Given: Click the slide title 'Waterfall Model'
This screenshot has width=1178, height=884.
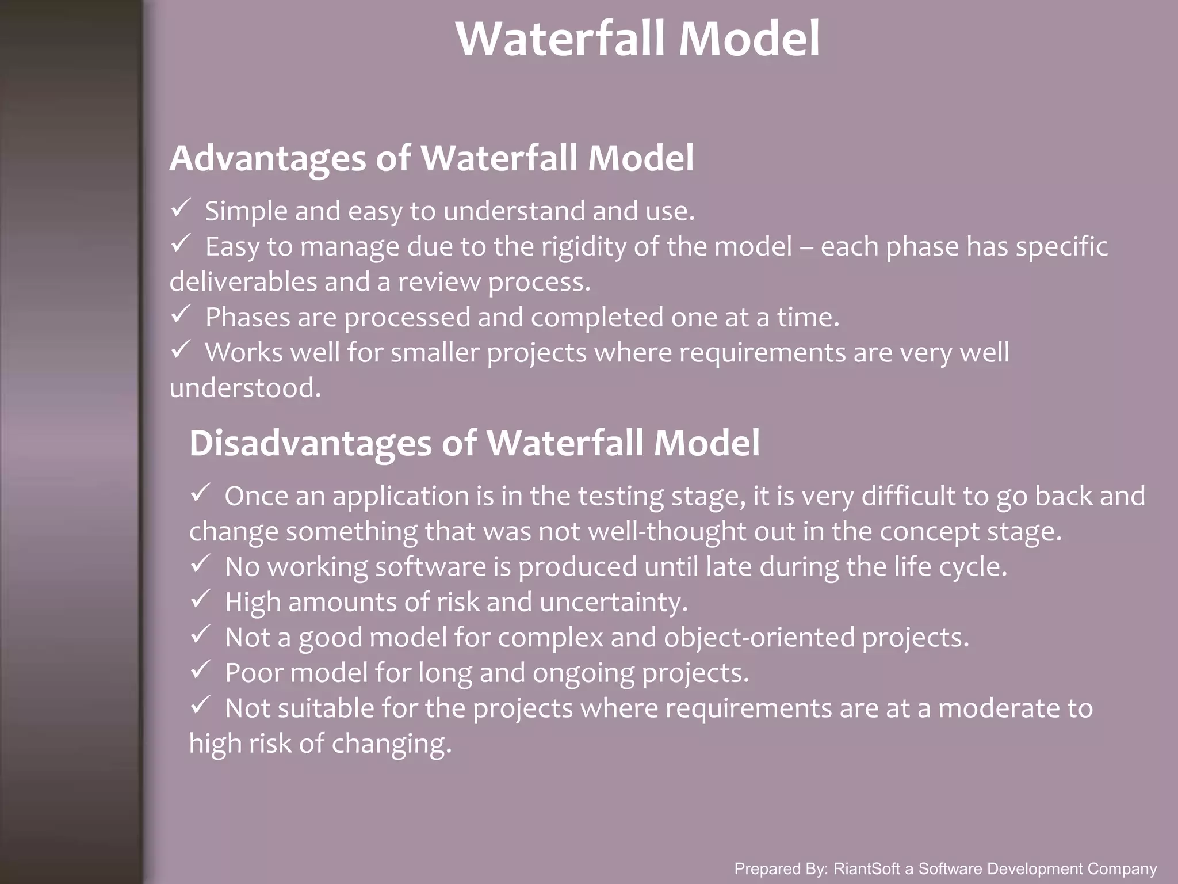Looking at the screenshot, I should [x=637, y=39].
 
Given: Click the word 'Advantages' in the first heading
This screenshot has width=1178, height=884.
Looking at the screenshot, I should [x=267, y=158].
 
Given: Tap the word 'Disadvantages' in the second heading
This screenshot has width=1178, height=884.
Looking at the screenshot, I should [x=310, y=443].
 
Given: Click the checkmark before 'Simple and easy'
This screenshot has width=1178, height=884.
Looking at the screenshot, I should [x=181, y=208].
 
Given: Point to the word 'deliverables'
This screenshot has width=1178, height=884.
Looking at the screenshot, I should [x=243, y=282].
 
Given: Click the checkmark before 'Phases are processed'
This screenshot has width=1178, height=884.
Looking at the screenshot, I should [x=181, y=314].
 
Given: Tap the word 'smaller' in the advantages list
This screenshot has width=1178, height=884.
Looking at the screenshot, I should [x=434, y=353].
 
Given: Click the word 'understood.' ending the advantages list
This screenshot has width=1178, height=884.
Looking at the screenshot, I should [x=245, y=388].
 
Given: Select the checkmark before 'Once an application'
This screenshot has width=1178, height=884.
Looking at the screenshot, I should [x=200, y=493].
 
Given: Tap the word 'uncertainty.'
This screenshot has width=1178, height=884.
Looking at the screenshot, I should [x=614, y=603].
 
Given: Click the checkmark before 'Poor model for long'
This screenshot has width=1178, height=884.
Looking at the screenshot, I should [x=200, y=670].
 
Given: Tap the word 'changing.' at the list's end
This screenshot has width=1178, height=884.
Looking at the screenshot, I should [x=392, y=744].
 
